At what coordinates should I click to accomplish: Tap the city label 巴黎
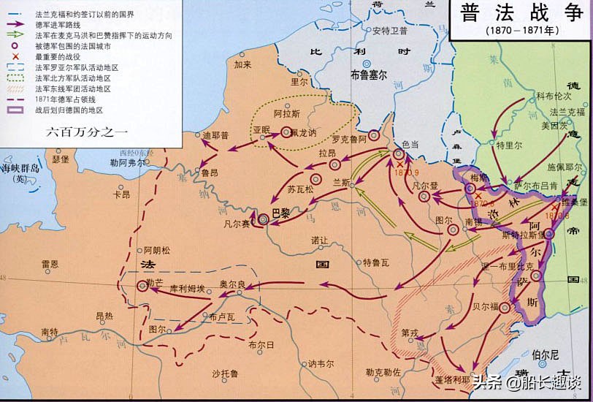[x=281, y=212]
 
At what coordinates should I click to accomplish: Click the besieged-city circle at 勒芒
[x=142, y=286]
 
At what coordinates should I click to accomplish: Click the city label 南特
[x=50, y=333]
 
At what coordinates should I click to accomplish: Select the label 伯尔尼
[x=545, y=355]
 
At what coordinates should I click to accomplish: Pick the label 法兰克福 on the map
[x=567, y=112]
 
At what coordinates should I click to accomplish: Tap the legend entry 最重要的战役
[x=58, y=56]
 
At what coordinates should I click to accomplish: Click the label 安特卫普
[x=389, y=31]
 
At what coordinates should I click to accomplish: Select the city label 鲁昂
[x=210, y=173]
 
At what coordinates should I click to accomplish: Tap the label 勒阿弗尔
[x=127, y=163]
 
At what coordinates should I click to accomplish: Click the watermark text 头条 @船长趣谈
[x=526, y=382]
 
